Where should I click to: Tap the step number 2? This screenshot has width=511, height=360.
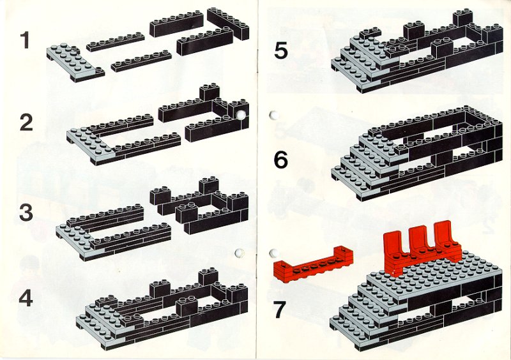click(26, 123)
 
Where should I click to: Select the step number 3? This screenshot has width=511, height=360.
click(26, 212)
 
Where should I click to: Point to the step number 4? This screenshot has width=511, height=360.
click(26, 299)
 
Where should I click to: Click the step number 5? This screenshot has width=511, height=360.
click(281, 50)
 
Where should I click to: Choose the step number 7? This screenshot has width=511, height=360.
click(280, 310)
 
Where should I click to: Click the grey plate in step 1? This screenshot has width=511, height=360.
click(75, 63)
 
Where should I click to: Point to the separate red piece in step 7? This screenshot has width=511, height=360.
click(313, 264)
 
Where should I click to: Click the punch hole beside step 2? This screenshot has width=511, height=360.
click(241, 115)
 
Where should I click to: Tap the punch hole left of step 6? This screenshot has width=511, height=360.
click(274, 115)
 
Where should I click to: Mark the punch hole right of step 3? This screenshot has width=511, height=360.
click(239, 253)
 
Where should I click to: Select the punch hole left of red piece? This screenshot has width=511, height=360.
click(275, 253)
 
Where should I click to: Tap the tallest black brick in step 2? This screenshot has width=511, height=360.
click(210, 92)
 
